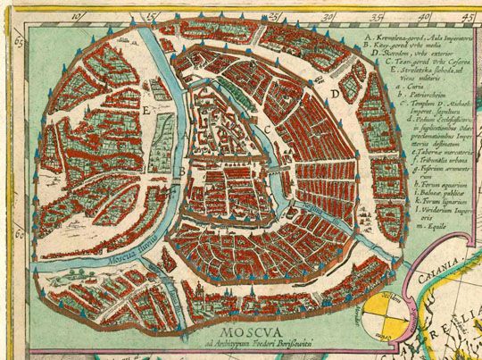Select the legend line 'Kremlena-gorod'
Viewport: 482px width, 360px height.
(411, 40)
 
